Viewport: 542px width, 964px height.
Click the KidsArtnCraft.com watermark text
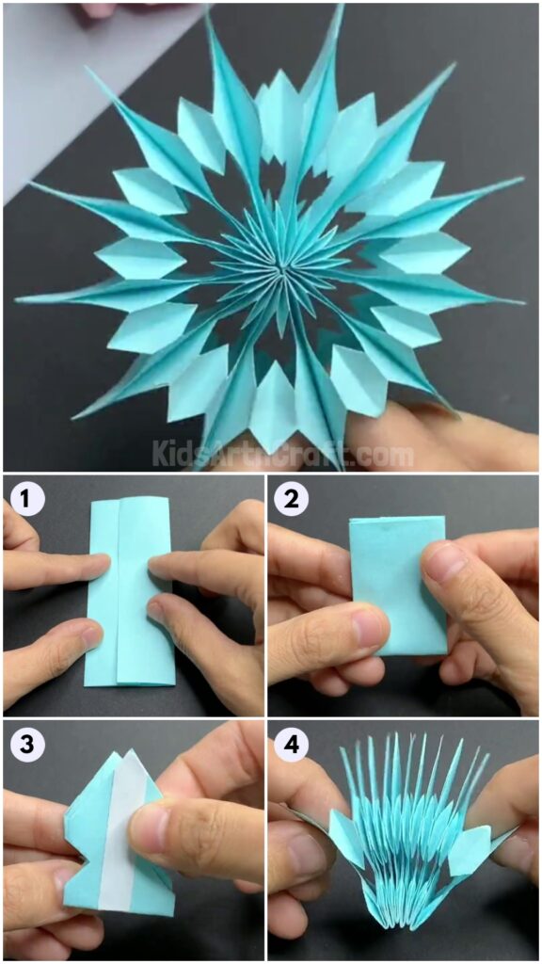tap(282, 456)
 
